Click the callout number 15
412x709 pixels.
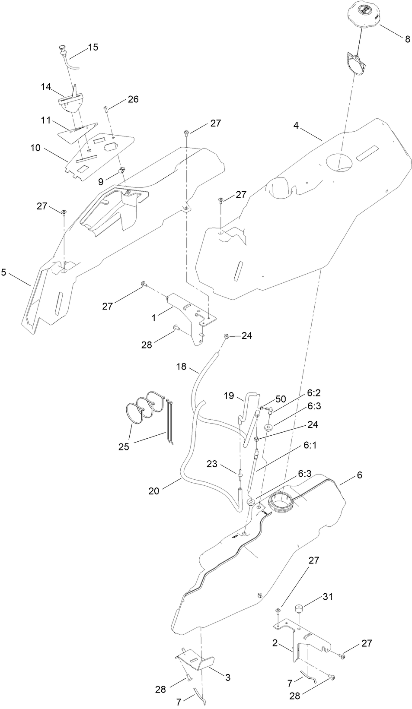[93, 47]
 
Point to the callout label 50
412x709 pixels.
[281, 399]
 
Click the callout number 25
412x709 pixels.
[124, 446]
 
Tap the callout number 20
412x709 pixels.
[154, 491]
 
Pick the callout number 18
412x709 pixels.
[181, 367]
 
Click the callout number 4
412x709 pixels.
[296, 126]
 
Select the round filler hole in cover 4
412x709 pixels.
[339, 162]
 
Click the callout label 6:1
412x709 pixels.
[310, 444]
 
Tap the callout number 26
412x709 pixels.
[133, 99]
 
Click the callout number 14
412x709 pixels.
[46, 87]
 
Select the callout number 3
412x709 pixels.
[228, 677]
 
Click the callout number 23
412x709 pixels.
[212, 464]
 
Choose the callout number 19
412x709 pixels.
[229, 396]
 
